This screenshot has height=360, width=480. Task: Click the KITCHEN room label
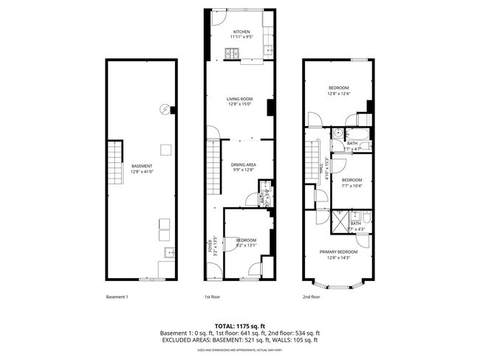point(241,32)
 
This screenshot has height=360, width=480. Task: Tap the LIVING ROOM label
point(240,99)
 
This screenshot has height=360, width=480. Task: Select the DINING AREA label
point(243,165)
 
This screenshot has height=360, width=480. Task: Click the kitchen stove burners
point(231,52)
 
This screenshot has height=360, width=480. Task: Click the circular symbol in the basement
point(164,111)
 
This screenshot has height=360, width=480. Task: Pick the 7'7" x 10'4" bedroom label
point(352,180)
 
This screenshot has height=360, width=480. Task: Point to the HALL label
point(321,170)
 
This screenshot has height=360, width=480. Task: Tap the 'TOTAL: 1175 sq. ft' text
point(239,325)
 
